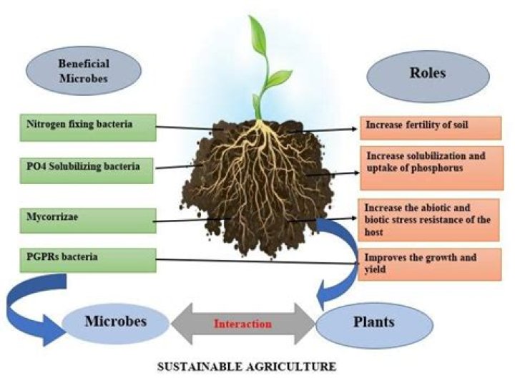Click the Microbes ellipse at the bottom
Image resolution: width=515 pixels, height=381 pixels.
click(115, 322)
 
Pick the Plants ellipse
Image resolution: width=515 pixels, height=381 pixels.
click(364, 322)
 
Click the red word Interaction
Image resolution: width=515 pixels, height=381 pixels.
click(243, 324)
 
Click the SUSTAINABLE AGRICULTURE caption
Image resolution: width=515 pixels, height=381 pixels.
click(245, 367)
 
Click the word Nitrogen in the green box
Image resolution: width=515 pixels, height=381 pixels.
click(37, 125)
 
